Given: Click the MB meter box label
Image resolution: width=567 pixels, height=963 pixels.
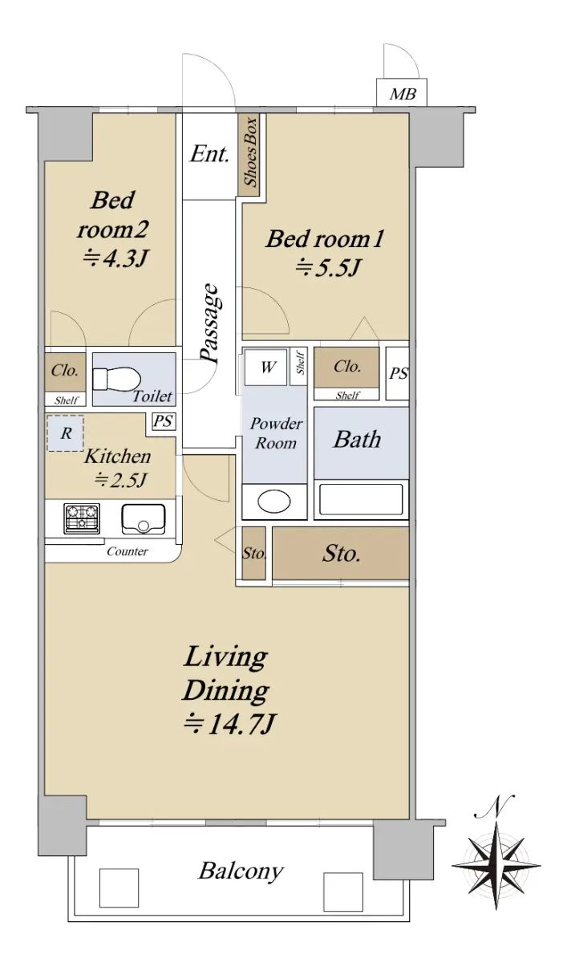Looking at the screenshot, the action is (x=403, y=94).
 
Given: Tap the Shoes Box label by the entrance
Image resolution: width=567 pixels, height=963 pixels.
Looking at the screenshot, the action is (x=250, y=152).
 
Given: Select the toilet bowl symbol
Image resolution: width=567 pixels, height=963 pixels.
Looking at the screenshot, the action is (x=117, y=379).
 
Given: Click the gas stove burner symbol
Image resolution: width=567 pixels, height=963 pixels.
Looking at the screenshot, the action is (x=82, y=518).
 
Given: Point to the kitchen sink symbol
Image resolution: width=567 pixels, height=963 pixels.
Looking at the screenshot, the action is (x=144, y=518).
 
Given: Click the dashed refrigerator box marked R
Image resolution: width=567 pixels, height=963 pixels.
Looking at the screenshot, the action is (x=65, y=433).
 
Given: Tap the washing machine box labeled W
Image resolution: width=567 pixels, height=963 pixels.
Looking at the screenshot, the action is (x=265, y=368).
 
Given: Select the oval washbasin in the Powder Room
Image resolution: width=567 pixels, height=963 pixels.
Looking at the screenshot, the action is (x=274, y=502).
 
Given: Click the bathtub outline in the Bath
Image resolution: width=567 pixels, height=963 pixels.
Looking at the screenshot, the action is (x=361, y=499).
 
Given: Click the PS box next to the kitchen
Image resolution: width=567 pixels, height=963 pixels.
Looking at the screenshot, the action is (x=164, y=421).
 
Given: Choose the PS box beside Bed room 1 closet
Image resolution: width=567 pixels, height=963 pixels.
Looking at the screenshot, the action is (x=397, y=373).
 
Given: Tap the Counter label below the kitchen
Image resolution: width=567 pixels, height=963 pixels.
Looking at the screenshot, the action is (x=128, y=551).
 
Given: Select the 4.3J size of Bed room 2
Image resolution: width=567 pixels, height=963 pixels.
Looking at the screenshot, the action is (x=115, y=258).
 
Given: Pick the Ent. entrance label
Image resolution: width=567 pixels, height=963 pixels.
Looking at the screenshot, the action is (x=209, y=153).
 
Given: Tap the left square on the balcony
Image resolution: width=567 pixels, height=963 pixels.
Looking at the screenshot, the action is (x=119, y=887).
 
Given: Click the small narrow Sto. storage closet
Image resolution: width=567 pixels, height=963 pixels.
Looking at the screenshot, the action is (x=253, y=553).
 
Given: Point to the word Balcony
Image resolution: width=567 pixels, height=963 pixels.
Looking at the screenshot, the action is (x=241, y=871).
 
